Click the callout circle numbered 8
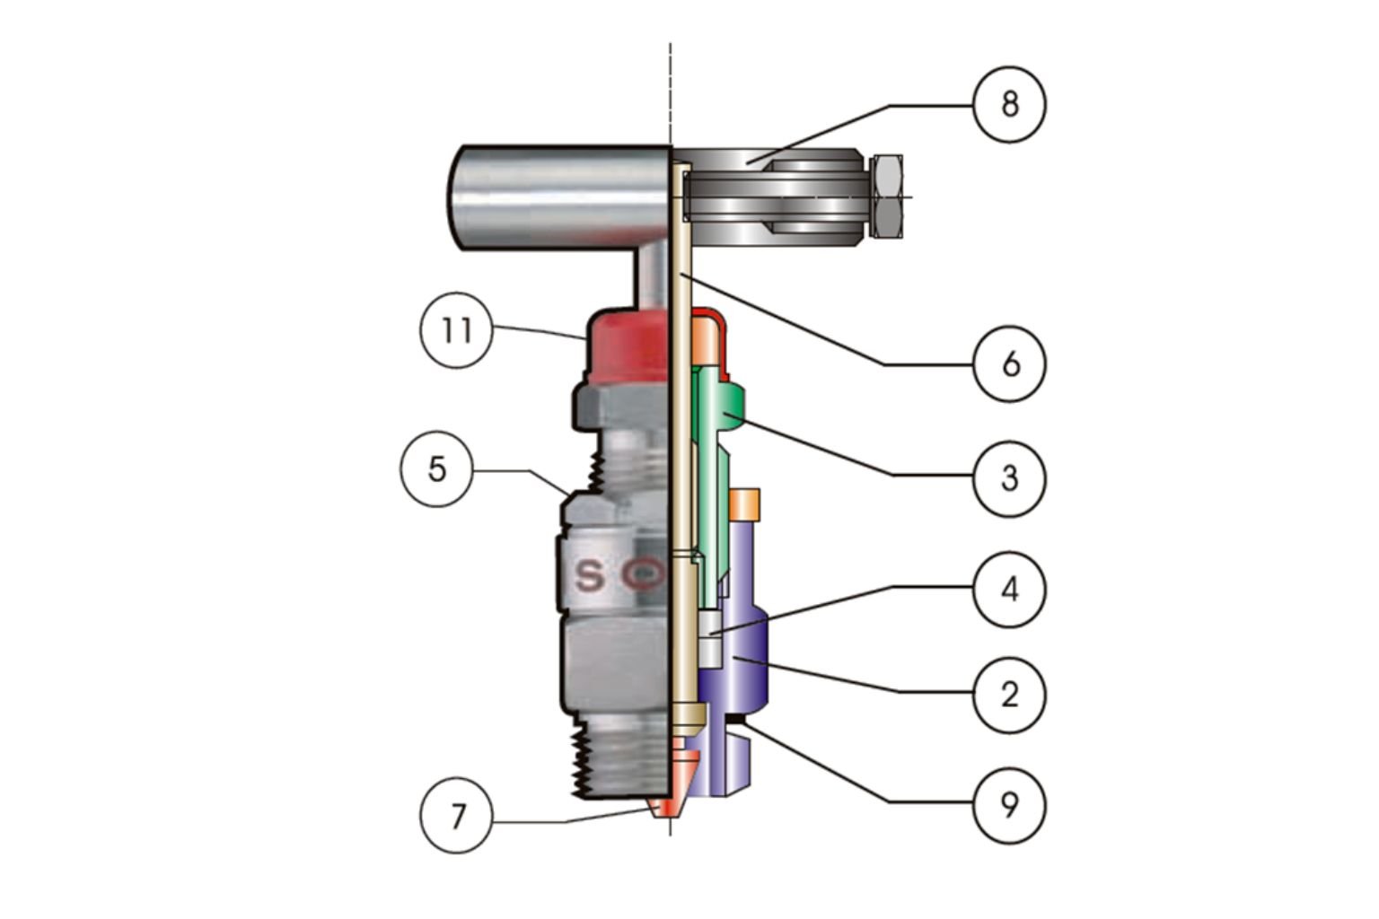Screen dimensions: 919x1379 1010,104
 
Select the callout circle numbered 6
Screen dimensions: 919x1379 1010,364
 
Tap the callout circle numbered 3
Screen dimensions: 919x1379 1010,478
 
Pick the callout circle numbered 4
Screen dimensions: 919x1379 1010,590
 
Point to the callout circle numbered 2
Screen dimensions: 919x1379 1010,694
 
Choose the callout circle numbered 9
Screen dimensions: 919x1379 1010,805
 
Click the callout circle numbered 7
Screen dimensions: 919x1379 457,817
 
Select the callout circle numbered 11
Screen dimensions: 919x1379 457,331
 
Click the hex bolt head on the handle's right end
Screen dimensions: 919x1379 886,196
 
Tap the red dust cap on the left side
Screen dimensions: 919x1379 627,346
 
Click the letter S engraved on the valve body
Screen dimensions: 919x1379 589,576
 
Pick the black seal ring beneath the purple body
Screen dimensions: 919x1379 737,719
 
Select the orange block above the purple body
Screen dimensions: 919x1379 745,503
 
